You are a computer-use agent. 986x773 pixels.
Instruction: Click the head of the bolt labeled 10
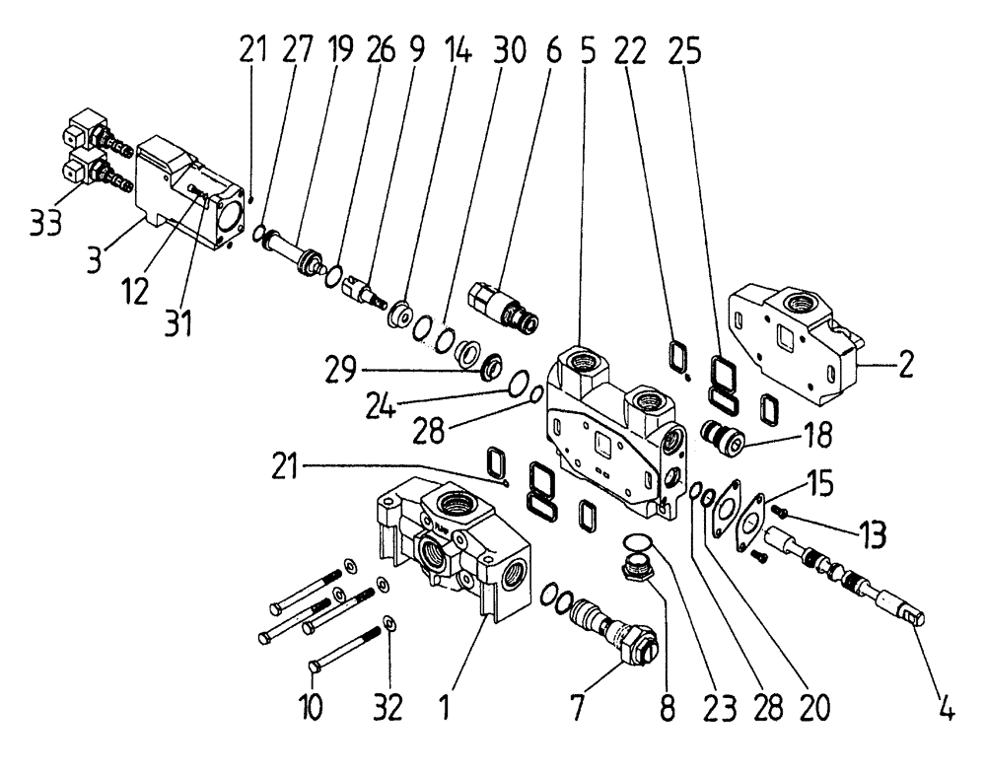click(315, 668)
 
